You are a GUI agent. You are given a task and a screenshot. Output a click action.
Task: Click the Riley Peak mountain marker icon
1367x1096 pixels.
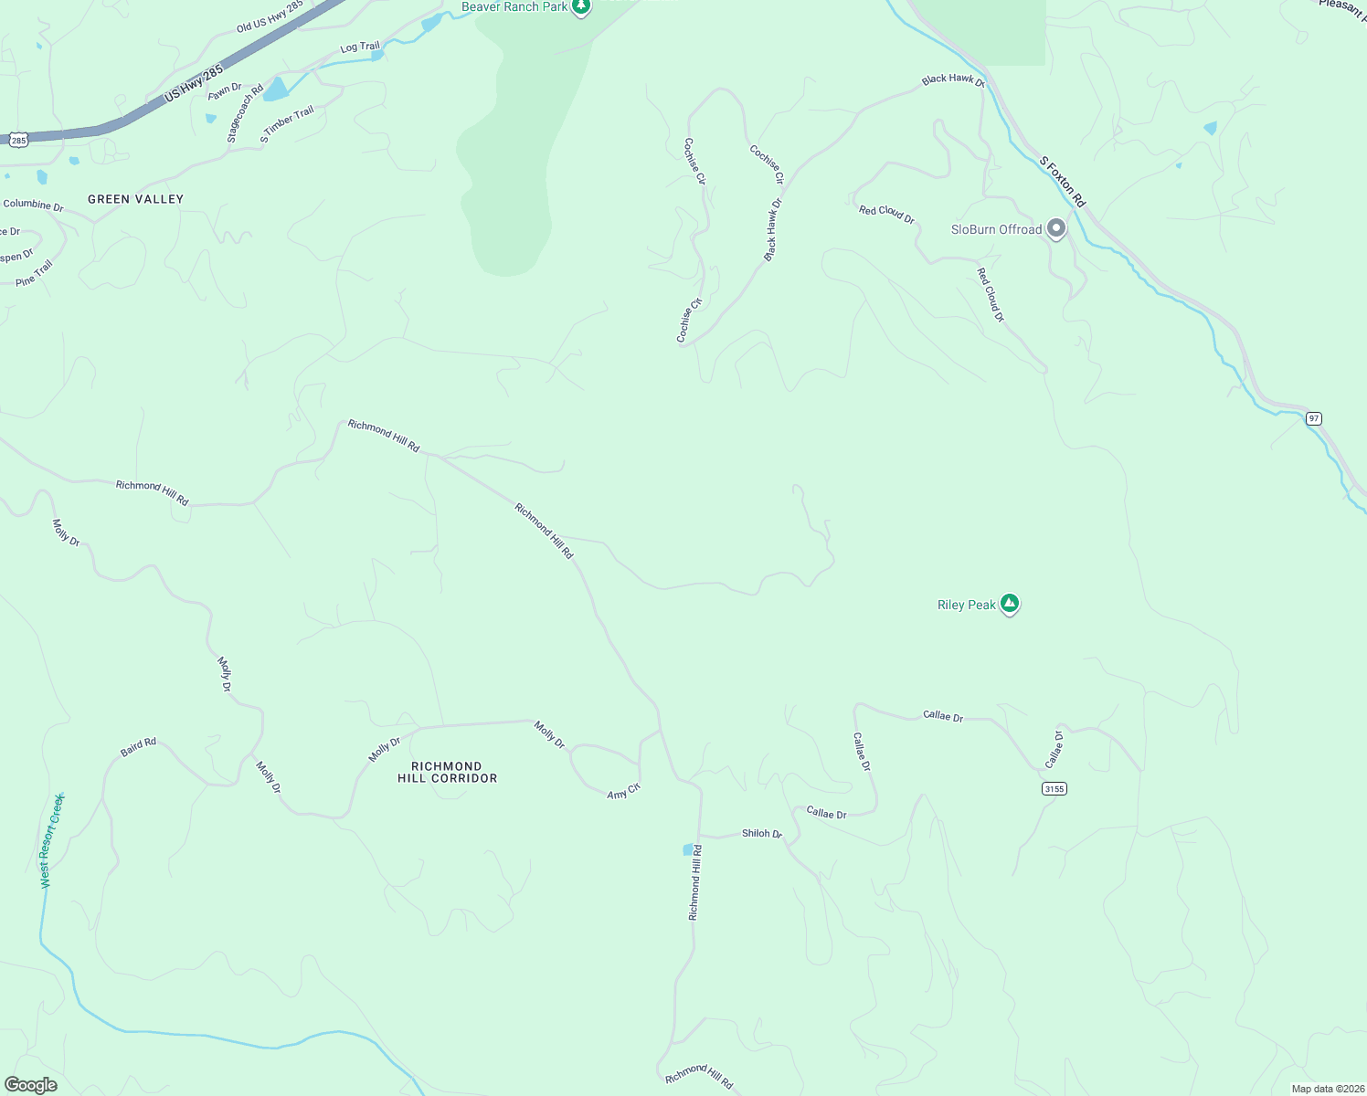pyautogui.click(x=1009, y=603)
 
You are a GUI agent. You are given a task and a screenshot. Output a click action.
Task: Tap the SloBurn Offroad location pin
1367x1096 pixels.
pyautogui.click(x=1056, y=228)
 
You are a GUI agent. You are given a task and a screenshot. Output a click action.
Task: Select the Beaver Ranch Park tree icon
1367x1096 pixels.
pyautogui.click(x=580, y=7)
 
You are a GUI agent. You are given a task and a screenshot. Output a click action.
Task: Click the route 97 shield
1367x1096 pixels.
pyautogui.click(x=1313, y=418)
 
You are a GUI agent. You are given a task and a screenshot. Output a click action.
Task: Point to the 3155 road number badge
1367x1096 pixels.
pyautogui.click(x=1054, y=788)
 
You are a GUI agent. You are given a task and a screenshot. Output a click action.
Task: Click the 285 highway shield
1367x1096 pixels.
pyautogui.click(x=19, y=140)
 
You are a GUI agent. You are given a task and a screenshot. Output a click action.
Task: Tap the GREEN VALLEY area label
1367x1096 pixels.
pyautogui.click(x=135, y=199)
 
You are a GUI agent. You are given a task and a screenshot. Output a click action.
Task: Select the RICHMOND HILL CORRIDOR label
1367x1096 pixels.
pyautogui.click(x=447, y=773)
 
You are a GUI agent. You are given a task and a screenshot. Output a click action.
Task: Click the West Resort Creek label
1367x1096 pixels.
pyautogui.click(x=52, y=840)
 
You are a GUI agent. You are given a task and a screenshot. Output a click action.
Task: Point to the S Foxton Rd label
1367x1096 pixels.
pyautogui.click(x=1062, y=181)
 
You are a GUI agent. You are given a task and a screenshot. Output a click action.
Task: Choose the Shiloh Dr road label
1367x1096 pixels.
pyautogui.click(x=761, y=834)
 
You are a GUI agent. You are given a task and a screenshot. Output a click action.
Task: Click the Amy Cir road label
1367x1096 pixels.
pyautogui.click(x=624, y=792)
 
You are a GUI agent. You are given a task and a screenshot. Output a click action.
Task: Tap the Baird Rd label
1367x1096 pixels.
pyautogui.click(x=138, y=747)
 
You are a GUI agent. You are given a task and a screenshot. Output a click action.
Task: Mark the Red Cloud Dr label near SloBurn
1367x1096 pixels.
pyautogui.click(x=886, y=214)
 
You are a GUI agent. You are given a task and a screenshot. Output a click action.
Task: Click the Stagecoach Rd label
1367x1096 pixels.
pyautogui.click(x=244, y=114)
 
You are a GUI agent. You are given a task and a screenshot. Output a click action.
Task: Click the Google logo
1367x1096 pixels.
pyautogui.click(x=31, y=1085)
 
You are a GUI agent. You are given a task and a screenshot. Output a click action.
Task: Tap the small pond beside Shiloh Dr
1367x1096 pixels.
pyautogui.click(x=688, y=850)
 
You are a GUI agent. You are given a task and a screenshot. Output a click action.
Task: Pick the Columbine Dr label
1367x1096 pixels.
pyautogui.click(x=33, y=205)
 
